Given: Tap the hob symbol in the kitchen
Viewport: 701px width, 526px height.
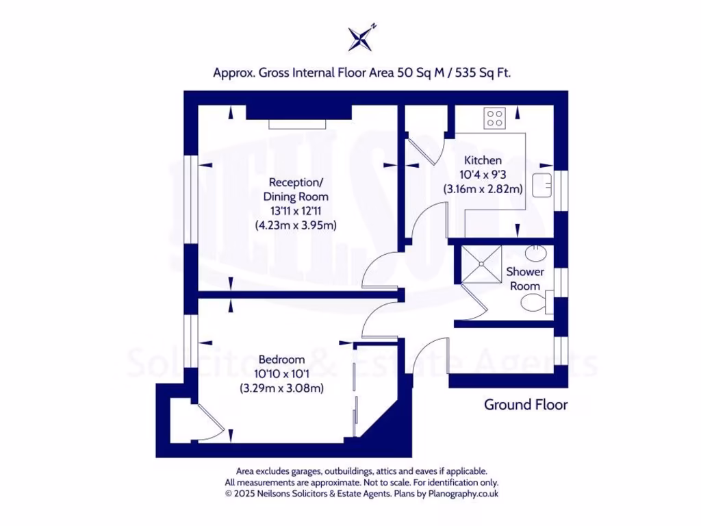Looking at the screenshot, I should (x=495, y=118).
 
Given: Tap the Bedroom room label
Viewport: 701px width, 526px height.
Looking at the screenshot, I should (x=281, y=360).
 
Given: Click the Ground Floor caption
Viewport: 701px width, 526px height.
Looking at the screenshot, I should (x=526, y=405).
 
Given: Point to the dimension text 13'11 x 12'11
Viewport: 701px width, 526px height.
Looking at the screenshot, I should (x=295, y=211).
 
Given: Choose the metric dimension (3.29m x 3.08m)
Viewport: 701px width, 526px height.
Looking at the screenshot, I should (x=281, y=388).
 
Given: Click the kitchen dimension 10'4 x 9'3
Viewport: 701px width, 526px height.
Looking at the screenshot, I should (x=483, y=175).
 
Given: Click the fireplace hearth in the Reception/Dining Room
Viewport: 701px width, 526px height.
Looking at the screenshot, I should (x=298, y=124).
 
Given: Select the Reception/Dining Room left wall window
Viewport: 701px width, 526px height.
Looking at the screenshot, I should (x=190, y=198).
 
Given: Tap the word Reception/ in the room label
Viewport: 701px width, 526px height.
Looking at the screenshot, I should (x=295, y=182).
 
